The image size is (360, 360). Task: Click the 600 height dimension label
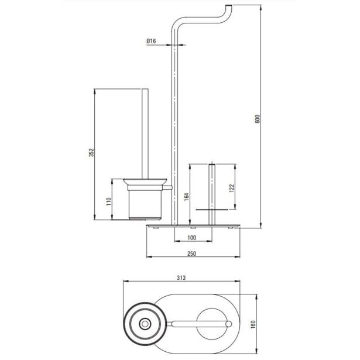click(258, 119)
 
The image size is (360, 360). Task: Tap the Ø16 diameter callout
click(151, 41)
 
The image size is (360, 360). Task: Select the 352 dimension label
click(91, 152)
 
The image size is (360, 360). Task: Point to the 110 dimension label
click(109, 201)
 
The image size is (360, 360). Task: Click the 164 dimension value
click(187, 197)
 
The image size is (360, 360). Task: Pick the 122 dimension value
click(232, 188)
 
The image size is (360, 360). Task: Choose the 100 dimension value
click(192, 238)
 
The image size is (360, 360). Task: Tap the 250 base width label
click(192, 253)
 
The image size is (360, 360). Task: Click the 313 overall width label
click(181, 278)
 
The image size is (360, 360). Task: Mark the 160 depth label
click(253, 324)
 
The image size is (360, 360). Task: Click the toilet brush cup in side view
click(145, 202)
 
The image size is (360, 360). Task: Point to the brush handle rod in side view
click(145, 133)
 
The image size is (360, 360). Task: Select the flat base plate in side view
click(193, 226)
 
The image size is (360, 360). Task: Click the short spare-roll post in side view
click(212, 194)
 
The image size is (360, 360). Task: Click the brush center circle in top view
click(145, 324)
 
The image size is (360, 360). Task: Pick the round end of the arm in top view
click(228, 324)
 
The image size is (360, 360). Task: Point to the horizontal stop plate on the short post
click(212, 210)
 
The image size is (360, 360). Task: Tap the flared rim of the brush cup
click(145, 181)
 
